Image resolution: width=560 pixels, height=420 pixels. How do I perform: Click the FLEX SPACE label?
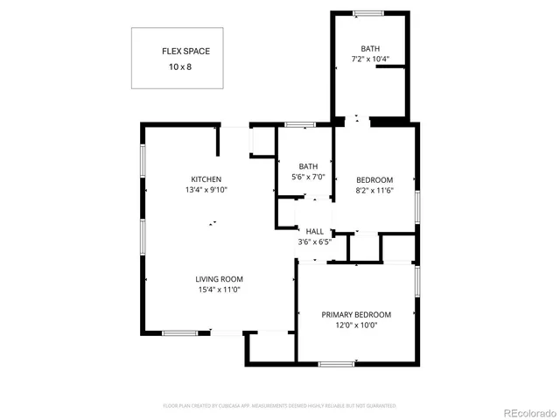(185, 52)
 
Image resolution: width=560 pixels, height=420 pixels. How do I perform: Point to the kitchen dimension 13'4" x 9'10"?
(206, 190)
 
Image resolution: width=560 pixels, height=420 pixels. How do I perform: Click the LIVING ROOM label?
(218, 279)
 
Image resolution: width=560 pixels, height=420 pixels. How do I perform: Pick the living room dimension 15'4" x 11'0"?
(218, 290)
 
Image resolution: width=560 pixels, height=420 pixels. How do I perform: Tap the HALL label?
(314, 231)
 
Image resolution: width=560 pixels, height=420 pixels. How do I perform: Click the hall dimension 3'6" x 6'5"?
(314, 241)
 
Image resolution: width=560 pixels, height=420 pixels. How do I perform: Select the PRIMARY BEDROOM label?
(356, 315)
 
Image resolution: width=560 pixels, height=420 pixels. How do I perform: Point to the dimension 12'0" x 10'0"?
(356, 325)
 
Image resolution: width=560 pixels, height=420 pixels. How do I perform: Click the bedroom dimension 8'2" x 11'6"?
(374, 190)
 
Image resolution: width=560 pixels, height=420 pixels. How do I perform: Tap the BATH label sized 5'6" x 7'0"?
(308, 167)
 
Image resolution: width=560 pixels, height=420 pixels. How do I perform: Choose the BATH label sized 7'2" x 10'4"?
(370, 49)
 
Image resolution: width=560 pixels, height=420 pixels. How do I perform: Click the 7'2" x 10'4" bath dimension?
(370, 59)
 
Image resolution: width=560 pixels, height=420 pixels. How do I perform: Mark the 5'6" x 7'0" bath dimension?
(308, 178)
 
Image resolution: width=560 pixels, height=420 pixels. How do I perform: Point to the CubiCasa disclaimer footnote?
(280, 406)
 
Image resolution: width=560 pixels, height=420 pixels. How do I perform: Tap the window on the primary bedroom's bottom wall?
(336, 362)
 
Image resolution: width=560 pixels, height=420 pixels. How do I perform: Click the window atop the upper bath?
(367, 12)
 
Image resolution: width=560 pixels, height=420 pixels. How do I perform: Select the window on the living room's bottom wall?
(179, 332)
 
